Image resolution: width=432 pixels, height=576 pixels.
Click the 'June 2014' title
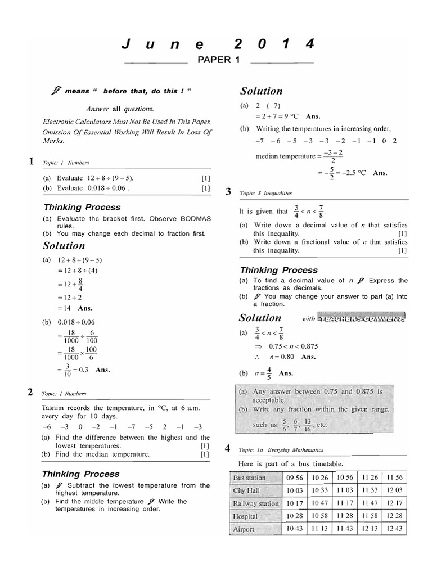coord(217,44)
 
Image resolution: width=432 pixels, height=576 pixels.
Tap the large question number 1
coord(32,162)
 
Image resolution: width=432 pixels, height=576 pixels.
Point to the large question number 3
coord(228,192)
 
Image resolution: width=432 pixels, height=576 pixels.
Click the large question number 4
coord(228,449)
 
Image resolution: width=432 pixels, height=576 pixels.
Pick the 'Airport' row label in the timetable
coord(244,529)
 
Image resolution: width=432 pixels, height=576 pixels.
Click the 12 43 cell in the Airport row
coord(395,529)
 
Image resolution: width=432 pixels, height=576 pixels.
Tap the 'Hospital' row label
coord(246,516)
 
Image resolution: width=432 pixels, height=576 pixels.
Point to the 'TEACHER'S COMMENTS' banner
coord(361,318)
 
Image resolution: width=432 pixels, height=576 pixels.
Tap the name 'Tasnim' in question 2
coord(53,407)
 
